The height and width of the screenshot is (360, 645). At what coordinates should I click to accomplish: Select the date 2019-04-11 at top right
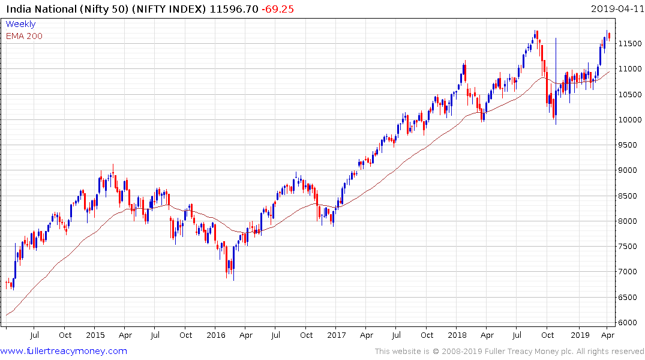click(x=616, y=9)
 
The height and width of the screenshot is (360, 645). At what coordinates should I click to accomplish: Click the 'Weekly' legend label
click(x=20, y=25)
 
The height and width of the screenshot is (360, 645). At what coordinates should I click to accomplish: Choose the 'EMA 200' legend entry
click(x=24, y=36)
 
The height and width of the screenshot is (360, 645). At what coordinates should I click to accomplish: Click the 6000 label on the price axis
click(x=626, y=323)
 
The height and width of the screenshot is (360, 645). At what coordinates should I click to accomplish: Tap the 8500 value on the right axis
click(x=626, y=196)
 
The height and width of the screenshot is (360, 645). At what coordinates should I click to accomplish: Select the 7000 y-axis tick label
click(x=626, y=272)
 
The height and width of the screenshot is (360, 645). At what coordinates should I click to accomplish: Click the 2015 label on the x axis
click(x=95, y=335)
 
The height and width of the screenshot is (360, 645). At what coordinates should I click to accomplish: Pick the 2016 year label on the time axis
click(x=216, y=335)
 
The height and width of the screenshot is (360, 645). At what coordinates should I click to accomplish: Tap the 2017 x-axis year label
click(x=337, y=335)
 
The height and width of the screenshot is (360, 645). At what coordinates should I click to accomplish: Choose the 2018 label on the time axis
click(x=457, y=335)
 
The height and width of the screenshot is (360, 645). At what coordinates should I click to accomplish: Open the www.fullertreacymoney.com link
click(x=64, y=351)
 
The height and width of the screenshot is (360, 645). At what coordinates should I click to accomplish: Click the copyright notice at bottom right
click(x=509, y=352)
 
